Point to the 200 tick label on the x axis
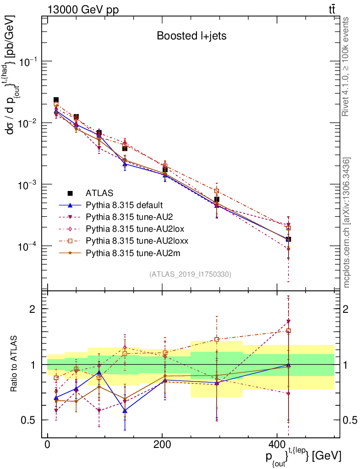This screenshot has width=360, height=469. [x=162, y=444]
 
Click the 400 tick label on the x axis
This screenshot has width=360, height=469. [x=276, y=444]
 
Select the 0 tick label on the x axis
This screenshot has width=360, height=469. [x=48, y=444]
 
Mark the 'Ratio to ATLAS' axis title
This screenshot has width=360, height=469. [x=15, y=365]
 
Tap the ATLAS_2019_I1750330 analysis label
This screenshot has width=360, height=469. [x=190, y=274]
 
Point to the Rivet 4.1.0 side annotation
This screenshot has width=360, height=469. [x=346, y=67]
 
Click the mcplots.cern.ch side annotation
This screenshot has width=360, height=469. [x=347, y=223]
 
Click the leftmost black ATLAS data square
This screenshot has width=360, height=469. [x=56, y=100]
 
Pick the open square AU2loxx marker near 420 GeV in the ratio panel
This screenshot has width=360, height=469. [x=289, y=331]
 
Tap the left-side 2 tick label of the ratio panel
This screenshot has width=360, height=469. [x=32, y=309]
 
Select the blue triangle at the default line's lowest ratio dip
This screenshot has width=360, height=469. [x=125, y=410]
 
